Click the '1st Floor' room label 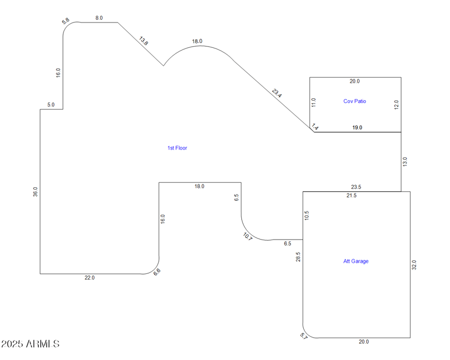click(x=177, y=148)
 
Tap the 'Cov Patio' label click(x=354, y=101)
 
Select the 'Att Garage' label click(x=355, y=261)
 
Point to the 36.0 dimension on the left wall click(x=35, y=192)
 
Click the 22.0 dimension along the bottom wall click(x=89, y=278)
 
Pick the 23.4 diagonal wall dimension click(x=277, y=93)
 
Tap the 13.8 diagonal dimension click(x=144, y=41)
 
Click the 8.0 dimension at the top click(x=99, y=18)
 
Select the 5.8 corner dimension click(x=66, y=21)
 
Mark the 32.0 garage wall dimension click(x=414, y=264)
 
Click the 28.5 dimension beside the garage click(x=298, y=257)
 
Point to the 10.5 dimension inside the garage click(x=307, y=215)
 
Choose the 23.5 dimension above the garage click(x=356, y=187)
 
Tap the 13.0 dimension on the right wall click(x=405, y=162)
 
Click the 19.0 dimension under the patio click(x=357, y=128)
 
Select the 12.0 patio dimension click(x=396, y=105)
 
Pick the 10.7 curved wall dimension click(x=248, y=236)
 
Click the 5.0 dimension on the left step click(x=51, y=105)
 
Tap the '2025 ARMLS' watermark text click(x=30, y=344)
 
